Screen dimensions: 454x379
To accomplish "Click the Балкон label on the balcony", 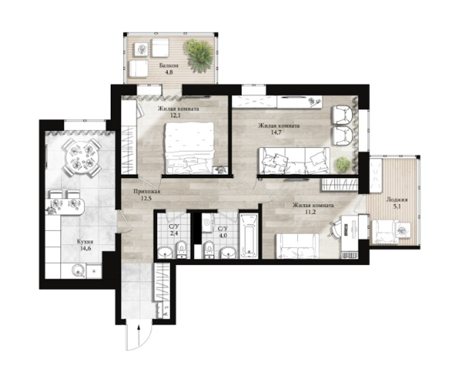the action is coord(169,65).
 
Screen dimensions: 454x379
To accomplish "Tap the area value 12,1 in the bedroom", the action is coord(177,115).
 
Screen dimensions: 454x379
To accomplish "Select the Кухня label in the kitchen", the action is coord(85,241).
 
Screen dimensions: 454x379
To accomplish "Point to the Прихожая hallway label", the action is coord(147,191).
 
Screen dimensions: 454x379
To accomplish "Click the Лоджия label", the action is coord(397,200).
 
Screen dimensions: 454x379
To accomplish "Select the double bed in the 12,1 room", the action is coord(190,148).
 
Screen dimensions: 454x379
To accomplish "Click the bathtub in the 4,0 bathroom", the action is coord(249,236).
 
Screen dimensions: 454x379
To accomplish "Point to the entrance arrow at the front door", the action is coord(139,336).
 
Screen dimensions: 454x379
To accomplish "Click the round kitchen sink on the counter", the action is coord(78,271).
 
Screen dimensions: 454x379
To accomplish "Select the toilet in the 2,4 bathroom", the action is coord(181,249).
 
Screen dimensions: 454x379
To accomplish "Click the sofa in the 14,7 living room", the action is coord(294,161).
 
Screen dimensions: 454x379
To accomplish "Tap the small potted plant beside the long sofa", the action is coord(342,165).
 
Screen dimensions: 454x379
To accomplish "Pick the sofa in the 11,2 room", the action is coord(297,246).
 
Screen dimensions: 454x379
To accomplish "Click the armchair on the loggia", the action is coord(384,231).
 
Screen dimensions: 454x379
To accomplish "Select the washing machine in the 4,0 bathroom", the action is coord(207,223).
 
